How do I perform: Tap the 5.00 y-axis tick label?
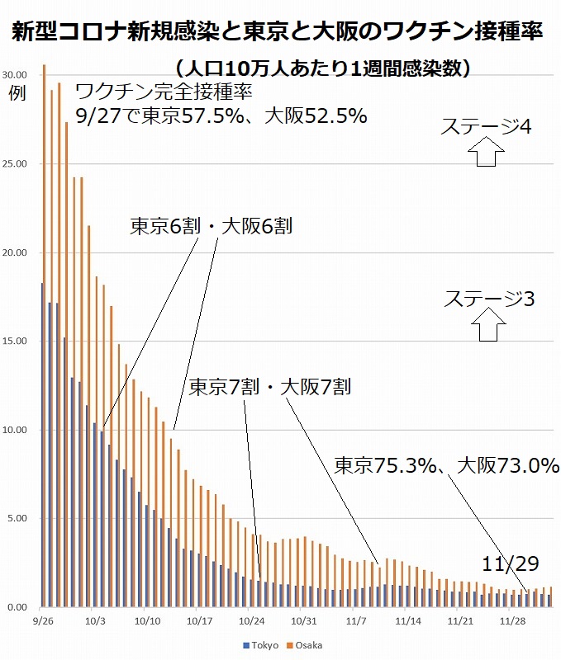click(x=18, y=518)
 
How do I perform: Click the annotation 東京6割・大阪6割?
click(x=211, y=227)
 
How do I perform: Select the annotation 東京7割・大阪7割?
click(x=271, y=386)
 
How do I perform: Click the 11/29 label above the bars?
click(x=511, y=563)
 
